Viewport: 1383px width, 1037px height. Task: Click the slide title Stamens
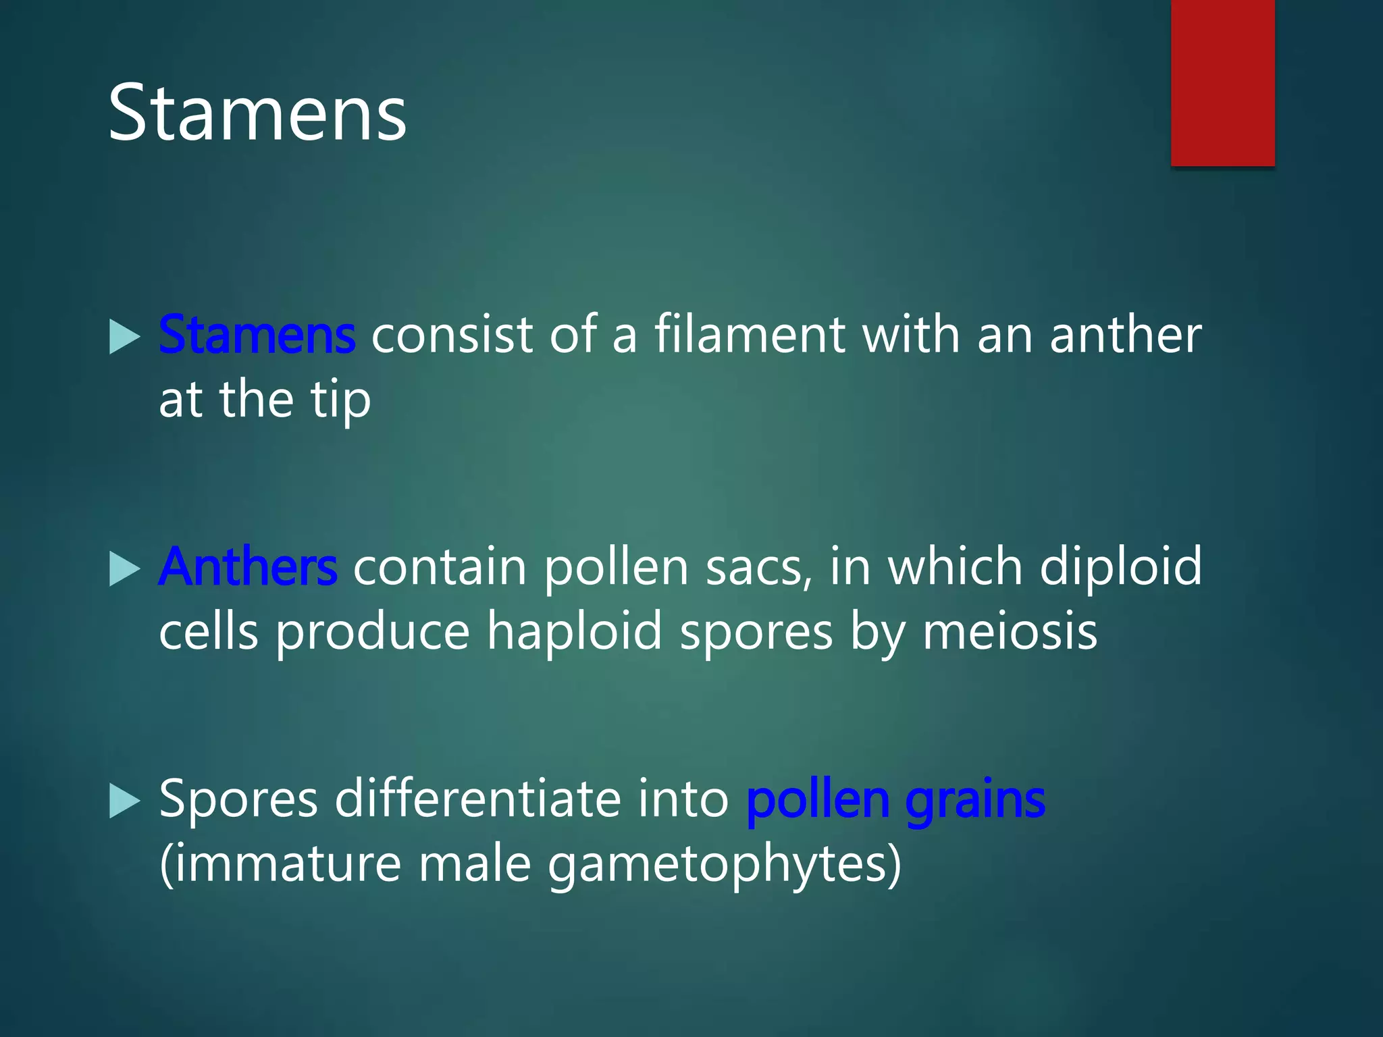click(257, 113)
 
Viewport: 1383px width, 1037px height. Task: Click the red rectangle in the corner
click(1222, 82)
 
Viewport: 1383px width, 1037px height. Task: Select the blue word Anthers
click(248, 566)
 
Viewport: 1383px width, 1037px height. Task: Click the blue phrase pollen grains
click(895, 799)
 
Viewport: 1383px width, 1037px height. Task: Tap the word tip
click(340, 400)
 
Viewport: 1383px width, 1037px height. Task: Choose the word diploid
click(1121, 566)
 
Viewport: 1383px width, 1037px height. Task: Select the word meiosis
click(1010, 632)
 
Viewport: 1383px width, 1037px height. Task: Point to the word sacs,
click(759, 566)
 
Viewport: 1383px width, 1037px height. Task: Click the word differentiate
click(477, 799)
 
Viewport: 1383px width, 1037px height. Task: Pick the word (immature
click(280, 865)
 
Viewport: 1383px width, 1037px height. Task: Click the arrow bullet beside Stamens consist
click(124, 337)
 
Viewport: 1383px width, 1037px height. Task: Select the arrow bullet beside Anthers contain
click(124, 569)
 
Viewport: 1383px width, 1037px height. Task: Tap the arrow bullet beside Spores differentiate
click(124, 801)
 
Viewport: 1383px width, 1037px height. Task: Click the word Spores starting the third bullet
click(238, 801)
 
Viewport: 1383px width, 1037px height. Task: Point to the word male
click(475, 865)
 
